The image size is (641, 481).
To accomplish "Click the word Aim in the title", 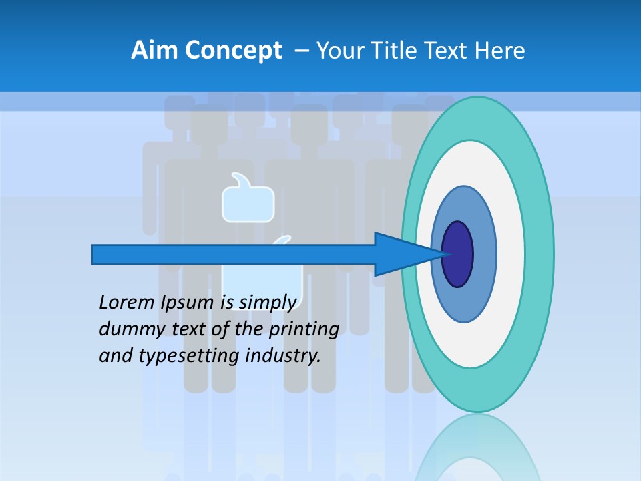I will tap(155, 51).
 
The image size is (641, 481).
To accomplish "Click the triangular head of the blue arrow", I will tap(401, 254).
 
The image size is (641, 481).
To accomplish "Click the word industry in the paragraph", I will tap(283, 357).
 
